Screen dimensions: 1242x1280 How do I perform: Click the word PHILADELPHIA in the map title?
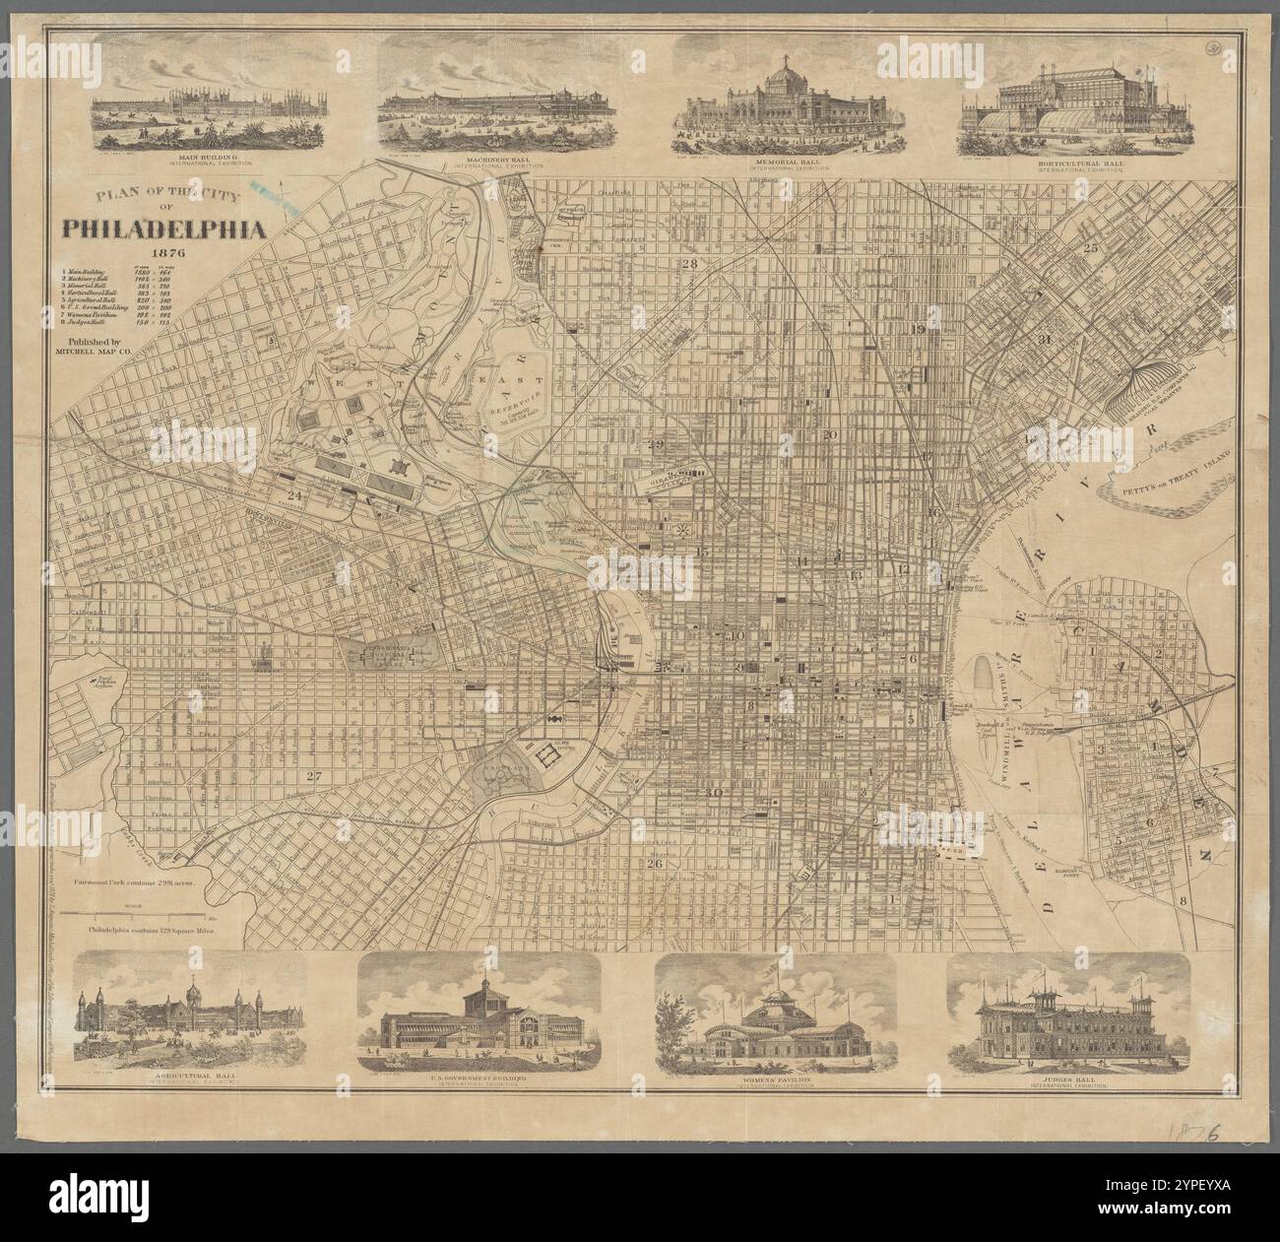pyautogui.click(x=164, y=229)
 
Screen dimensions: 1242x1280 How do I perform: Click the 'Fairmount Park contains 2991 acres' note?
pyautogui.click(x=138, y=884)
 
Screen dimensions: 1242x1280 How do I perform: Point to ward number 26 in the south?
pyautogui.click(x=655, y=864)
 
